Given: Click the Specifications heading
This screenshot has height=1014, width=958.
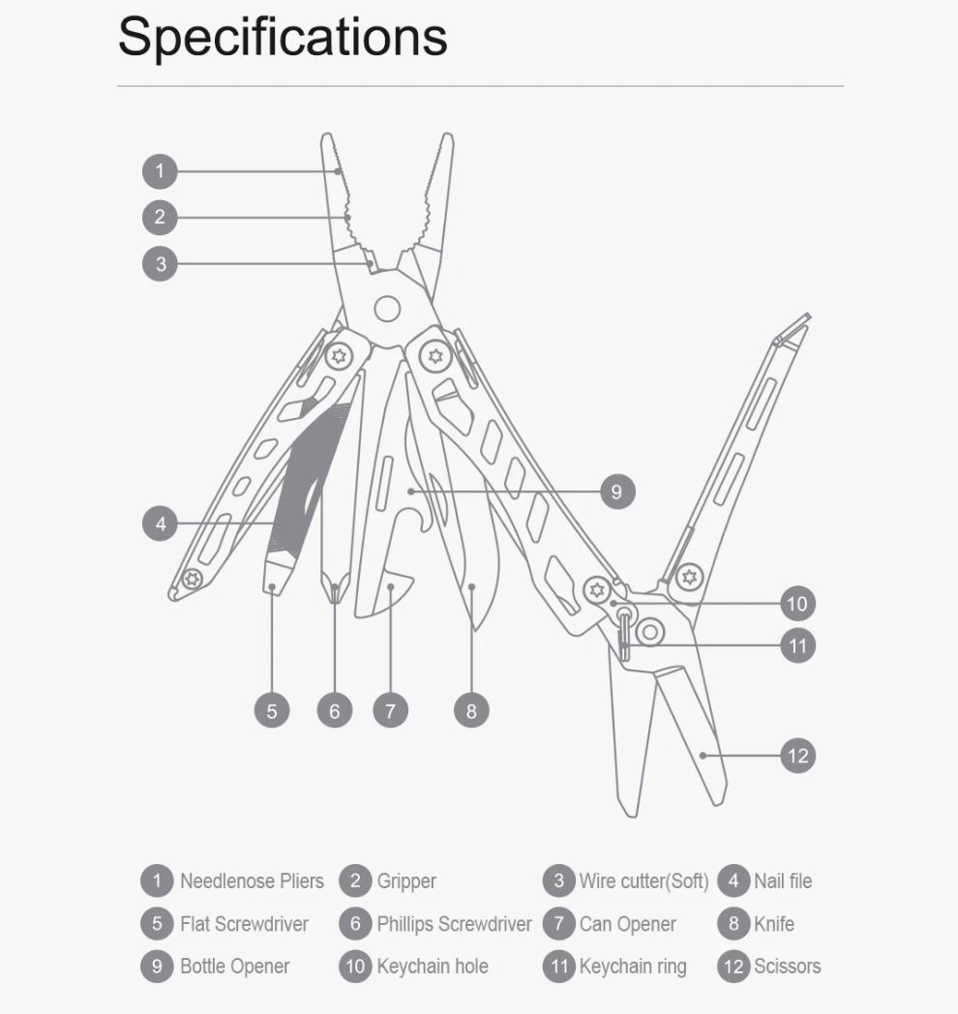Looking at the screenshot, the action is point(283,38).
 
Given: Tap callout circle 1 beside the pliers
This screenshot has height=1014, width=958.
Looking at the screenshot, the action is point(160,171).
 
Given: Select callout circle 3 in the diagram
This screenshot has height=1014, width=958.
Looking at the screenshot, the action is point(160,264).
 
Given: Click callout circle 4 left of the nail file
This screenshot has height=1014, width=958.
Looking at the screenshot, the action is point(160,523).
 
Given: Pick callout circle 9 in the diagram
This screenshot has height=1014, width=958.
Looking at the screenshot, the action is point(617,492).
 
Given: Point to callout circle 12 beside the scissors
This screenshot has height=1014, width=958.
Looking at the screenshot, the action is point(797,756).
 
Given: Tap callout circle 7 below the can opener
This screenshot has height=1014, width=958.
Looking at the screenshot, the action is point(390,711).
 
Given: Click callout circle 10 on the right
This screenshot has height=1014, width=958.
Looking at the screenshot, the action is point(797,604).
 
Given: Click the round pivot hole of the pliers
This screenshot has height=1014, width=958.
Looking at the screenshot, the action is point(387,309).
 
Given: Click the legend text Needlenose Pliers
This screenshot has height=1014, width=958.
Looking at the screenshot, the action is point(252,880).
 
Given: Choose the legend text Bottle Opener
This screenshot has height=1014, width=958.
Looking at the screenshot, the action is point(235,967).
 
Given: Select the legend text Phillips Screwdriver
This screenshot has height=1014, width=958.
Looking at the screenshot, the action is point(454,923).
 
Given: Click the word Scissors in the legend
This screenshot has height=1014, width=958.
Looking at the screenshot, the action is point(788,967).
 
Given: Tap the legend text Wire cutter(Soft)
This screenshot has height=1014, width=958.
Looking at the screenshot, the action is point(644,880).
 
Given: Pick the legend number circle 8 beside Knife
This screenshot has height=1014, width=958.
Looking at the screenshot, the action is point(733,923).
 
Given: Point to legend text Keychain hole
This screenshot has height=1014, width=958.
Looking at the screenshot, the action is point(433,967).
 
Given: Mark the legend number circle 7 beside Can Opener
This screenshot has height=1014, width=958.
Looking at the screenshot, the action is point(559,923).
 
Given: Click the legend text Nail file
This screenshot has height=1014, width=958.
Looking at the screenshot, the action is point(783,880).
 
